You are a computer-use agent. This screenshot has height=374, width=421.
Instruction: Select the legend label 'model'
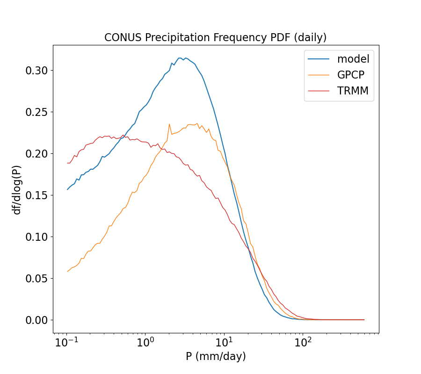(x=353, y=59)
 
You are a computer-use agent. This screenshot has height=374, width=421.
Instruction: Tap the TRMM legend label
(x=353, y=91)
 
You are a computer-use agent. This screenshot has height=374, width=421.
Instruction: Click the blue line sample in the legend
(x=319, y=59)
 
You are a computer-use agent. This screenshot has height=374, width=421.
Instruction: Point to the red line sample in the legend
(x=319, y=91)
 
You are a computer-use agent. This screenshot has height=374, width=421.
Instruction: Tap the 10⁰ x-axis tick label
(x=145, y=343)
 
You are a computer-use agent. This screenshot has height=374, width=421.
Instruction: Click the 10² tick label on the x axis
(x=303, y=343)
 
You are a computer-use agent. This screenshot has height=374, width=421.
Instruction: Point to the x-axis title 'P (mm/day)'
(x=216, y=356)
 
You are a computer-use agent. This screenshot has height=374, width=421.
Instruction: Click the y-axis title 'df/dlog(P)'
(x=17, y=189)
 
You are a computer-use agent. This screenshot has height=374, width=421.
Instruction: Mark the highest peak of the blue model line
(x=180, y=58)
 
